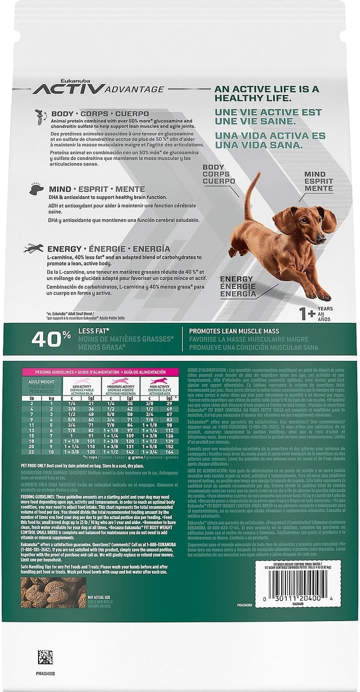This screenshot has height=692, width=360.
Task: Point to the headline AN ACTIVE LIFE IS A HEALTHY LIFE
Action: [x=266, y=94]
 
